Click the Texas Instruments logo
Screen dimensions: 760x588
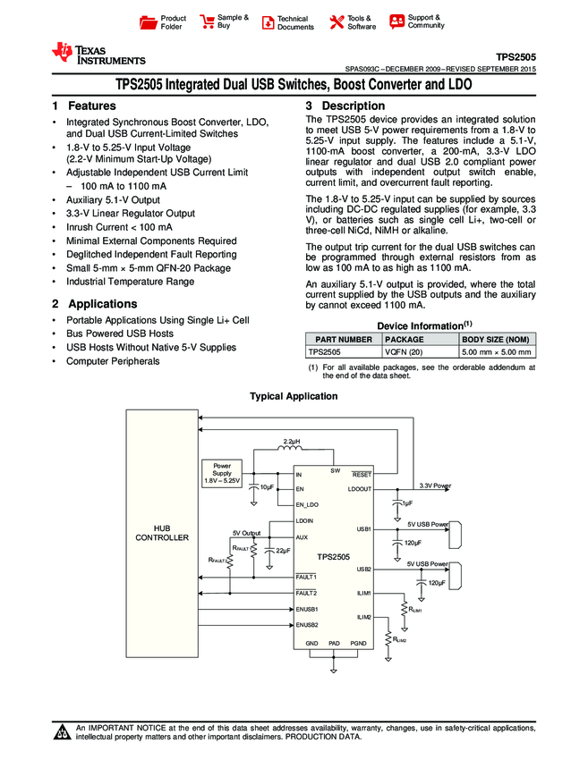(98, 54)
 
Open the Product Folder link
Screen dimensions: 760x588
(165, 22)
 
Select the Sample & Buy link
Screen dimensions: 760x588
(225, 21)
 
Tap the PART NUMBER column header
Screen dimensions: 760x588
(341, 340)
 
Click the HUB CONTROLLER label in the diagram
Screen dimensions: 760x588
(162, 533)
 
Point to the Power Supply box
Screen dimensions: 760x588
(221, 473)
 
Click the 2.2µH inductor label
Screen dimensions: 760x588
(292, 443)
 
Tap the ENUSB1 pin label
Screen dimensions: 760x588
(307, 609)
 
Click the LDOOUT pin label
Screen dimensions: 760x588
(359, 489)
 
